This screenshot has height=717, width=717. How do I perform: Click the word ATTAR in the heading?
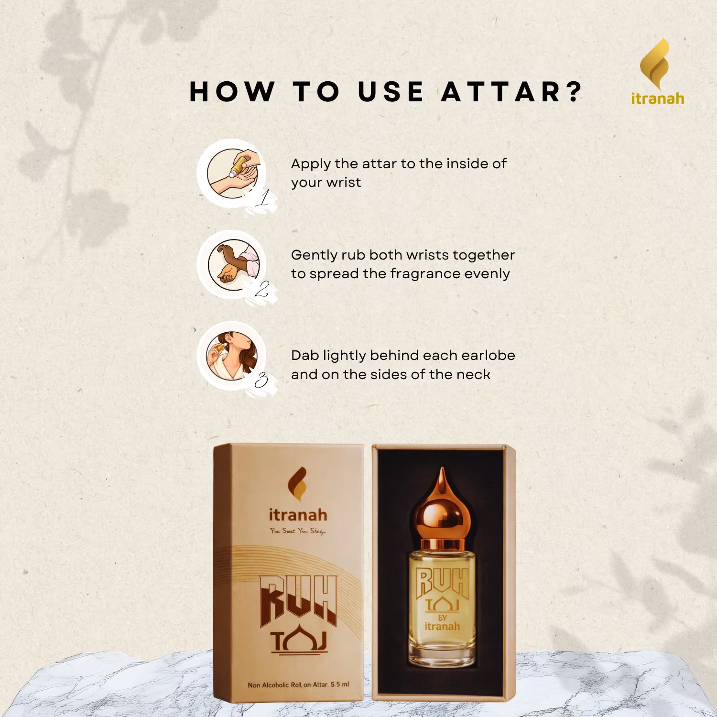tap(501, 92)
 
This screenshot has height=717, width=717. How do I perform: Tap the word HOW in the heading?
tap(232, 92)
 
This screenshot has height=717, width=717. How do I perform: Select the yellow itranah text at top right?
tap(657, 98)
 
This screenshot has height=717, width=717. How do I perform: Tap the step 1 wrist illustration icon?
tap(233, 173)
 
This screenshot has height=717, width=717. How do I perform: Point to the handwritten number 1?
tap(262, 197)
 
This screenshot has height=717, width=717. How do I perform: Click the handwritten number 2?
tap(261, 289)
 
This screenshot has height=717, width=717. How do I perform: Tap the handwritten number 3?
tap(261, 380)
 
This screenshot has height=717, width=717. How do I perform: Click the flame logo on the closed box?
tap(297, 484)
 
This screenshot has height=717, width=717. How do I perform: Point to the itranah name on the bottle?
tap(442, 626)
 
